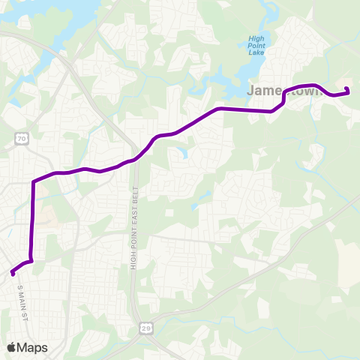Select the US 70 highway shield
pos(22,139)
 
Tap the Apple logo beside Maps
pos(12,347)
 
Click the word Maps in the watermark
pos(33,347)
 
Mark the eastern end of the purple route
pos(347,91)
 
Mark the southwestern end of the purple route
pos(13,273)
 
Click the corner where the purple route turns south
pos(33,182)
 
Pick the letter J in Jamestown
pos(251,91)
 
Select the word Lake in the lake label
pos(257,53)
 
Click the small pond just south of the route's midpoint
pos(180,153)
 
